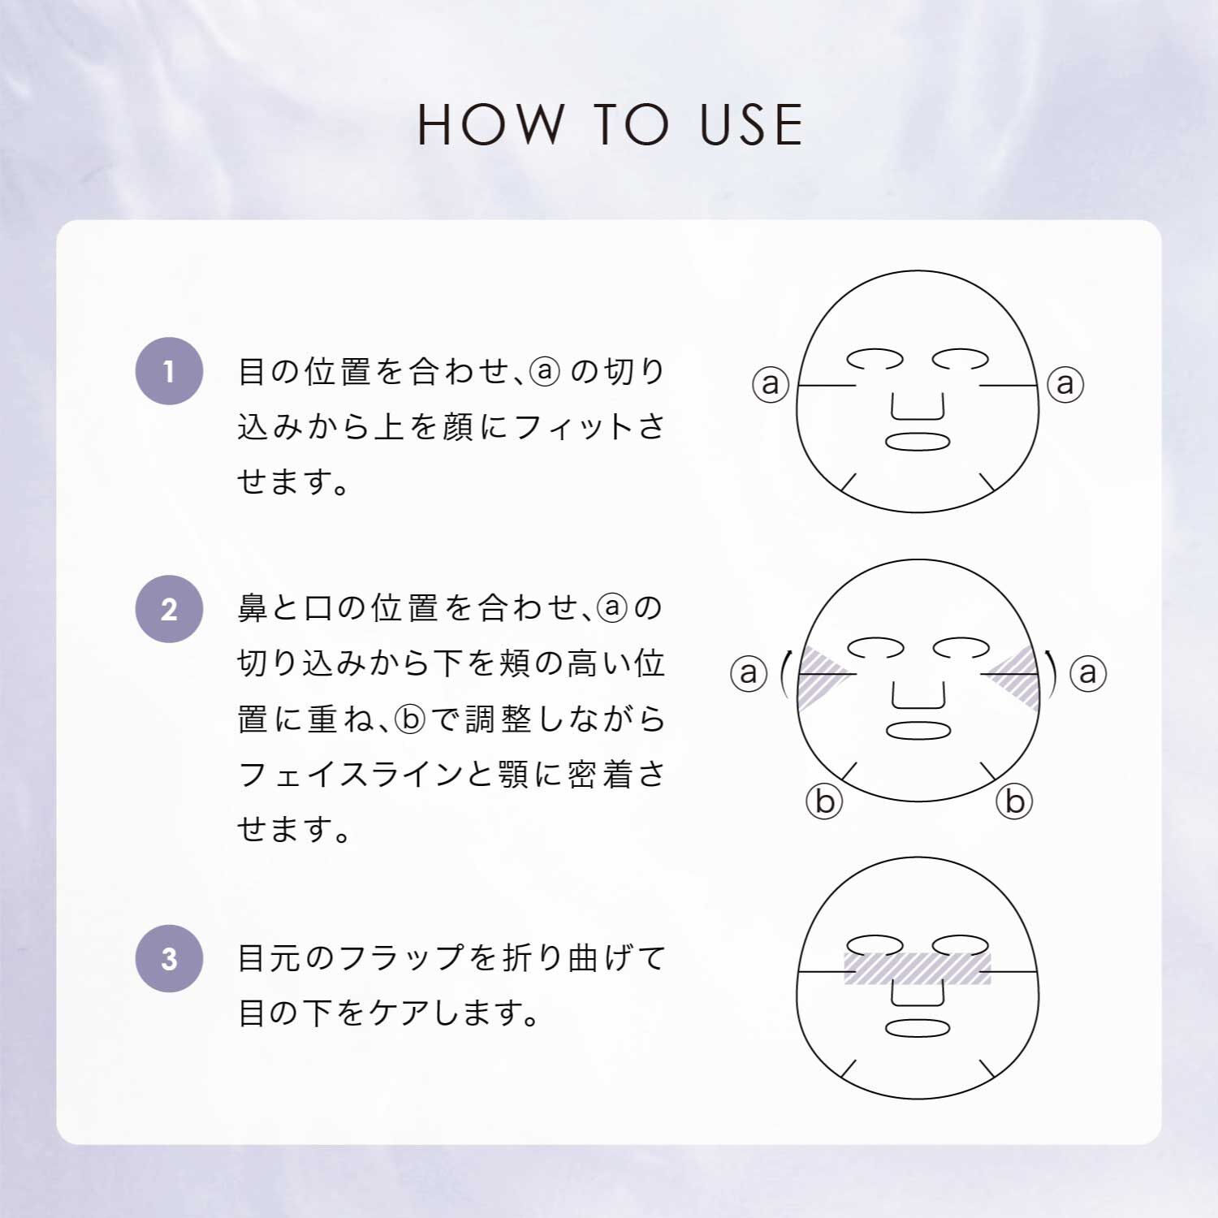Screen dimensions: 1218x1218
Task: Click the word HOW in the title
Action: (490, 125)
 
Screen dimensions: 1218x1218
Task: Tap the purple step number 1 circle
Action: (169, 371)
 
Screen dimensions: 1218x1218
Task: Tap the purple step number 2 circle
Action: (169, 609)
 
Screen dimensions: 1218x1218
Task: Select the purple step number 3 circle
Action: (169, 958)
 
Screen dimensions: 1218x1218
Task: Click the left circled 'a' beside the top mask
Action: (771, 383)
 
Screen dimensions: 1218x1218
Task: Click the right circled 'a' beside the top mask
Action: (1065, 383)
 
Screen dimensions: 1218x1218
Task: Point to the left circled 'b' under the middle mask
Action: (824, 801)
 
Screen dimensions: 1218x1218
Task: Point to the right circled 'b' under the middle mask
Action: (1014, 801)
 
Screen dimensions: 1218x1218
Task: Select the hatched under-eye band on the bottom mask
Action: (918, 968)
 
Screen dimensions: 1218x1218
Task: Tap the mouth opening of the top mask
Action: (918, 442)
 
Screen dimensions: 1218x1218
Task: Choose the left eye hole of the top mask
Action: (875, 358)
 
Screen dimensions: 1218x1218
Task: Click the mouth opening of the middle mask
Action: (918, 730)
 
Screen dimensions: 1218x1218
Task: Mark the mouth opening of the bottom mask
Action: (918, 1028)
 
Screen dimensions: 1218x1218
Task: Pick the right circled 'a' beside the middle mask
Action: (1088, 672)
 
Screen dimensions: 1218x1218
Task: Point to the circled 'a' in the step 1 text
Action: (545, 371)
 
